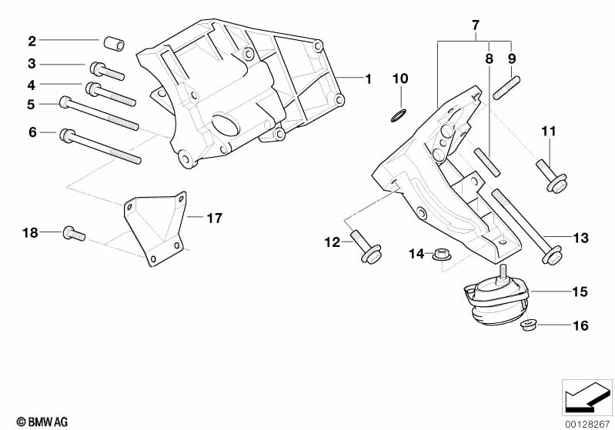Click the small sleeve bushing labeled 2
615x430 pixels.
click(114, 43)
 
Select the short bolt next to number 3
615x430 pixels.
click(107, 71)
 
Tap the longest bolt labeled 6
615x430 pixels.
click(100, 146)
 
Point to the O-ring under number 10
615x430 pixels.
click(399, 116)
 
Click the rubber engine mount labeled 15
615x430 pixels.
click(496, 302)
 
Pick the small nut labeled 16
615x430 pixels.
click(528, 325)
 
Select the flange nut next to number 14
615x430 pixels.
click(442, 255)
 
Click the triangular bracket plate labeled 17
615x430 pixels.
click(155, 228)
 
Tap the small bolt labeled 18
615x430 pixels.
click(74, 234)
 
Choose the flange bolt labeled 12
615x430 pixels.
click(366, 247)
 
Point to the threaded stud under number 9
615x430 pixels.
click(506, 88)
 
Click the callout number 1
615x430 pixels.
click(368, 79)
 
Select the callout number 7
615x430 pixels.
click(476, 25)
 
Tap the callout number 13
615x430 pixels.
click(581, 238)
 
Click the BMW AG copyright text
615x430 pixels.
click(42, 422)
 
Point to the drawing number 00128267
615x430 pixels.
click(587, 424)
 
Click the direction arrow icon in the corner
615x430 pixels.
click(587, 397)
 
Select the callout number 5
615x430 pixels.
click(31, 105)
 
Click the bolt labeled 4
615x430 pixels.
click(111, 94)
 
